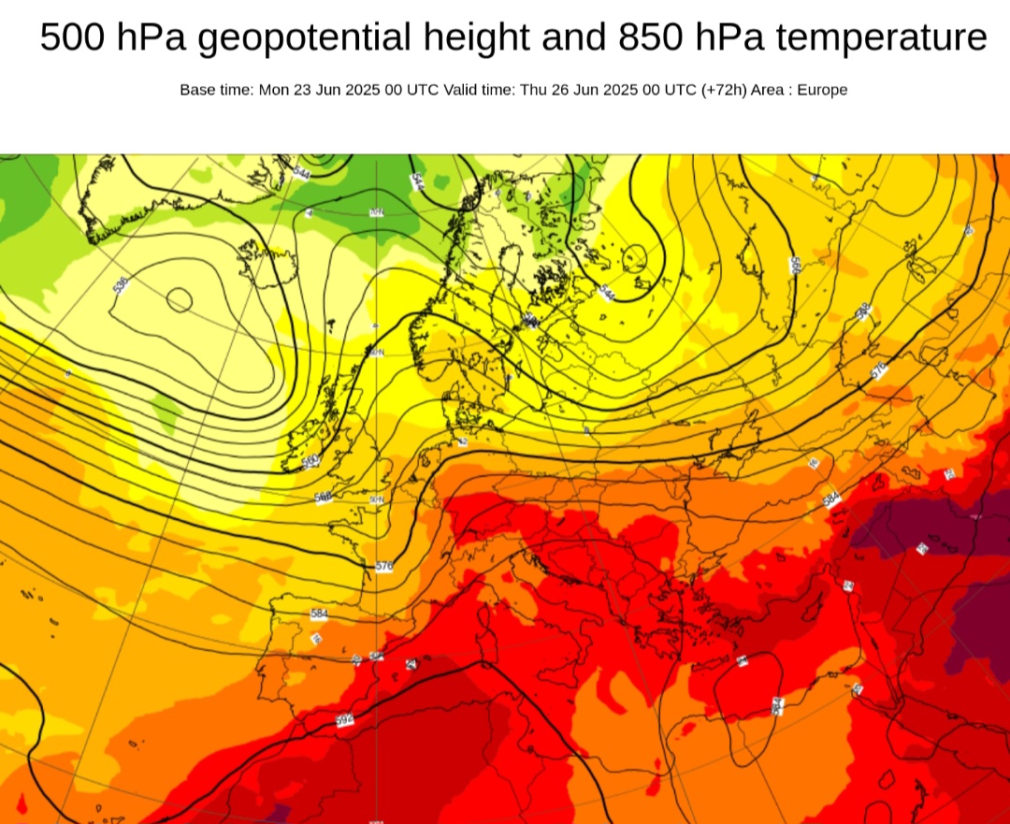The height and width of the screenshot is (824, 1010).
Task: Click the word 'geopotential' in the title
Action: point(305,38)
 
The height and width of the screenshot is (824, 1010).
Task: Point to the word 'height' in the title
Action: point(475,38)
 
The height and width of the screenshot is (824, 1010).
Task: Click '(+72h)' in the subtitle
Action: point(723,90)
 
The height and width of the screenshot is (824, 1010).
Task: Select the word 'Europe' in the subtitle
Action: point(822,90)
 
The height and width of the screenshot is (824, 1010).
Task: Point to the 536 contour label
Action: point(120,284)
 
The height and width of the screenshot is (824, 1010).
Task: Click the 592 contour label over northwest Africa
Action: point(344,721)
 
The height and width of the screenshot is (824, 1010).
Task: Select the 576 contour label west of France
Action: point(383,566)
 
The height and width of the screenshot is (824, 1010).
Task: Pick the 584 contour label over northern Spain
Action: point(319,614)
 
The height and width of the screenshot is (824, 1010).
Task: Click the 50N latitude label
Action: point(377,500)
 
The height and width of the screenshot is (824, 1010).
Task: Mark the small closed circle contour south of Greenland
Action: point(179,300)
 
